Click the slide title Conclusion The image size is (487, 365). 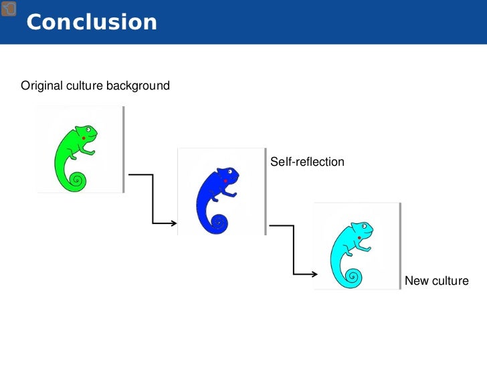pos(92,22)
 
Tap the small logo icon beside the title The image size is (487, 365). pos(9,9)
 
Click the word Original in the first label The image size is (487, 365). pos(41,86)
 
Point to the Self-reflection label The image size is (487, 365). pos(307,162)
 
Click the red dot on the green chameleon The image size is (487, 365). pos(83,138)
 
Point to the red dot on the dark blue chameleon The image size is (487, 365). pos(225,181)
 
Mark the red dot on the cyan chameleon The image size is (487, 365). pos(360,237)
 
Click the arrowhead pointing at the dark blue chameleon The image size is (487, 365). pos(173,223)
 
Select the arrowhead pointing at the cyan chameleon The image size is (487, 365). pos(313,273)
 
